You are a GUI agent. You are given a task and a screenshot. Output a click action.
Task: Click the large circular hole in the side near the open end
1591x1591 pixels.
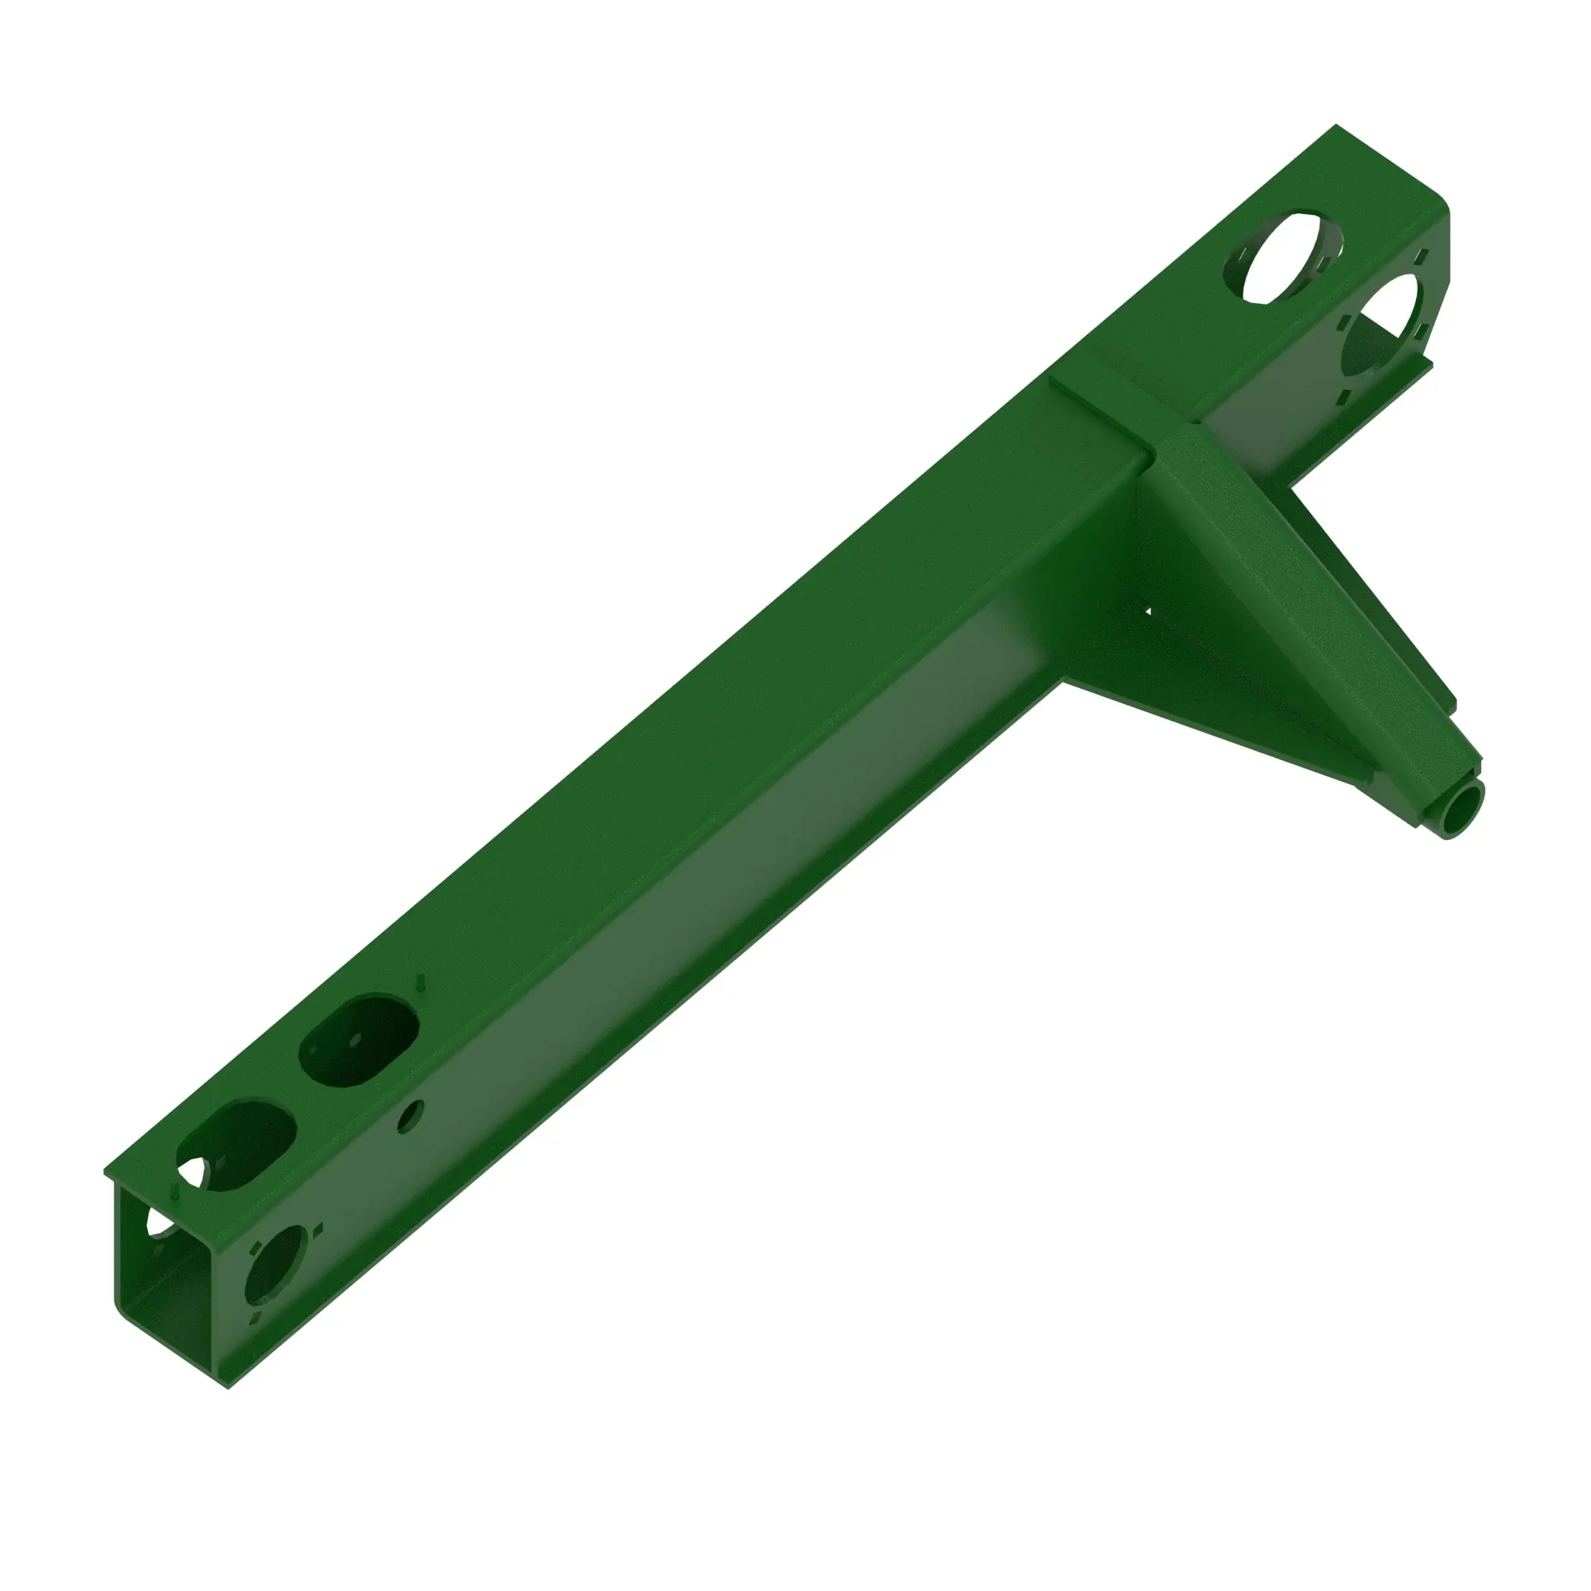[276, 1264]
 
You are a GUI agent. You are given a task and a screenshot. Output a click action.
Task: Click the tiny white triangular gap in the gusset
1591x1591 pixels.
[1147, 611]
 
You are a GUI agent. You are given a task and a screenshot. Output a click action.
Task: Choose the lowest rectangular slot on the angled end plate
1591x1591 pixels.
[1343, 399]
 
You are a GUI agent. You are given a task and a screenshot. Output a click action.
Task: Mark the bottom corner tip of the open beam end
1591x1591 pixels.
[228, 1387]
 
